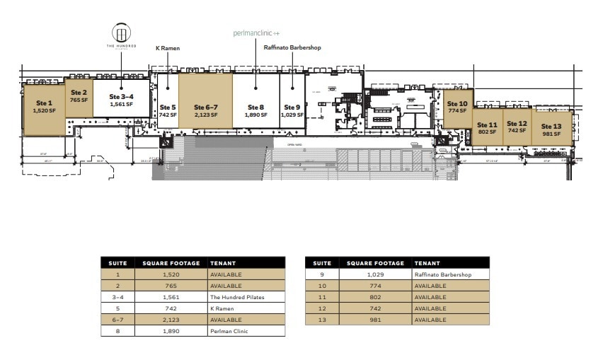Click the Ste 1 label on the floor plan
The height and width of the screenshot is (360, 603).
point(44,103)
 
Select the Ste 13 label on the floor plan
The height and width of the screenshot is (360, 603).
point(551,127)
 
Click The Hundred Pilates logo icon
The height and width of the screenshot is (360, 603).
point(122,33)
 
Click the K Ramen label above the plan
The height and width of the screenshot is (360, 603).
point(167,48)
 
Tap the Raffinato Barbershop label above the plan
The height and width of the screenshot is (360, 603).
point(293,48)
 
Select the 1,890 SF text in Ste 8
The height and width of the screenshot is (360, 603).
point(255,115)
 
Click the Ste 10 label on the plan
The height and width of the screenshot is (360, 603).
point(457,104)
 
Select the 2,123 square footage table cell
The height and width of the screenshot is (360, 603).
point(171,320)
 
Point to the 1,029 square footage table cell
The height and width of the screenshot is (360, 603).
point(374,274)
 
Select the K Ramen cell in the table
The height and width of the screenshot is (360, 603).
point(222,308)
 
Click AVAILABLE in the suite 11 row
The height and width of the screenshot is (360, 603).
point(430,297)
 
